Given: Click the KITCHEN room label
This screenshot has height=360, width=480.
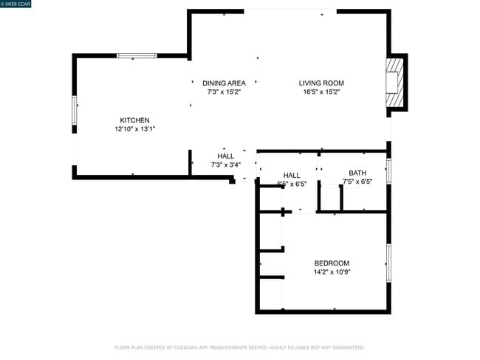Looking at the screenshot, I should pyautogui.click(x=134, y=120).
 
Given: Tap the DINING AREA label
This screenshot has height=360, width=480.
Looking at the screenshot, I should pyautogui.click(x=224, y=83).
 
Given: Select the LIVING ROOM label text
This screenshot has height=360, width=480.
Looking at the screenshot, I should pyautogui.click(x=321, y=83).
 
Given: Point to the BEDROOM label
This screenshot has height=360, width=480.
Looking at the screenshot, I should pyautogui.click(x=332, y=263).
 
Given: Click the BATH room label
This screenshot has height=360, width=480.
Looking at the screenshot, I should pyautogui.click(x=357, y=173).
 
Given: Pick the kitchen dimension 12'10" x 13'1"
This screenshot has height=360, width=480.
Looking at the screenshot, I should pyautogui.click(x=134, y=129).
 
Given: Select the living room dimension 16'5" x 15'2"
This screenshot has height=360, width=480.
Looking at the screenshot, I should pyautogui.click(x=321, y=92).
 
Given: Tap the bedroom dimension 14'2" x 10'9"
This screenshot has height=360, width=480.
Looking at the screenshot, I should pyautogui.click(x=332, y=272).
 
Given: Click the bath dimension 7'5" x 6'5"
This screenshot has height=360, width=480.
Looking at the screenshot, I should pyautogui.click(x=357, y=181).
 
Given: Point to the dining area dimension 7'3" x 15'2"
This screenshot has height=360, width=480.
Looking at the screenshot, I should pyautogui.click(x=224, y=92).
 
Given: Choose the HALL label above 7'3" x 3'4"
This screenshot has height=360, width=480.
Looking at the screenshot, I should pyautogui.click(x=225, y=156).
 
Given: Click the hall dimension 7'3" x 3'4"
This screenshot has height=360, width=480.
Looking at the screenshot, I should pyautogui.click(x=225, y=165).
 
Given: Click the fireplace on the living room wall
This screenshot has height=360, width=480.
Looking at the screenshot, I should pyautogui.click(x=396, y=83).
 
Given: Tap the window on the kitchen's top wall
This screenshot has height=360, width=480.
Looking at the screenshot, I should pyautogui.click(x=137, y=55).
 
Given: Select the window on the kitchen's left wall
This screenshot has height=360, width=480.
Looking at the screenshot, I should pyautogui.click(x=74, y=111).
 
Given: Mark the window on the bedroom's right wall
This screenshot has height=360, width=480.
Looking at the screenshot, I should pyautogui.click(x=388, y=263).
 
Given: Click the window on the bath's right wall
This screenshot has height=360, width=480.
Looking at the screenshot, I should pyautogui.click(x=388, y=170).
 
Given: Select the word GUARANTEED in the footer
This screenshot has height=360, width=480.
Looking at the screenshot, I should pyautogui.click(x=346, y=347).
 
